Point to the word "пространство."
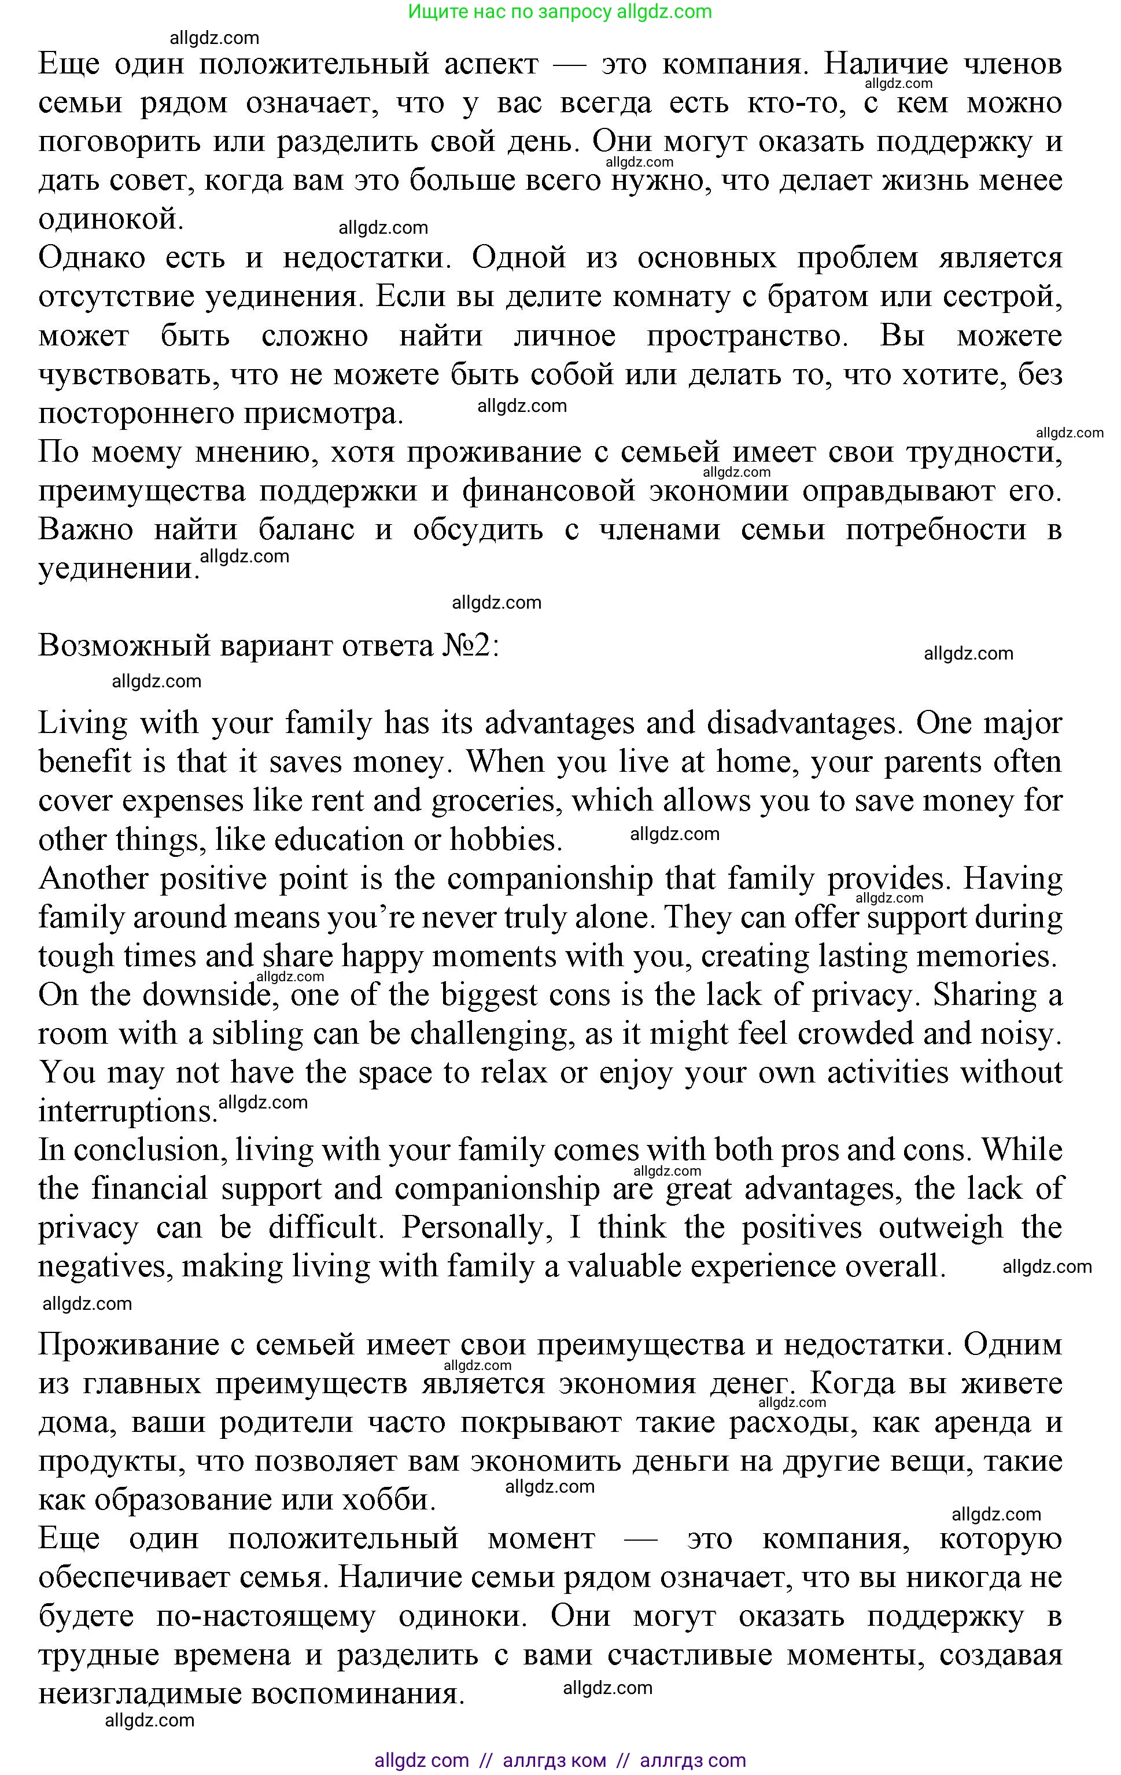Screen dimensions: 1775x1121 747,336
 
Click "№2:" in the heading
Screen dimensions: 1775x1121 471,646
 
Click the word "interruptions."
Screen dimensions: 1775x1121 127,1111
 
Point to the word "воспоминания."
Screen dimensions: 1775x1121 358,1694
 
